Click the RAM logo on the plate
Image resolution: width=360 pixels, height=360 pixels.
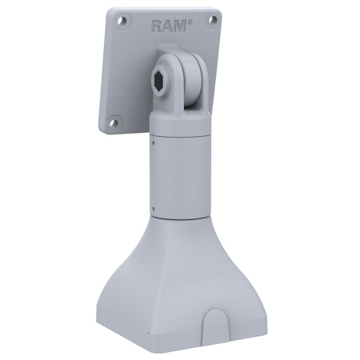click(x=171, y=26)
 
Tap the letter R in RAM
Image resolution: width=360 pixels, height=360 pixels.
click(x=158, y=26)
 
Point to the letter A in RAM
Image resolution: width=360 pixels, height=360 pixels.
click(x=170, y=26)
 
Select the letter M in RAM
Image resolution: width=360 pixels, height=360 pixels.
click(x=182, y=26)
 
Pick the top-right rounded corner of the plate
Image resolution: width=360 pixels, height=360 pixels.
click(x=218, y=14)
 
